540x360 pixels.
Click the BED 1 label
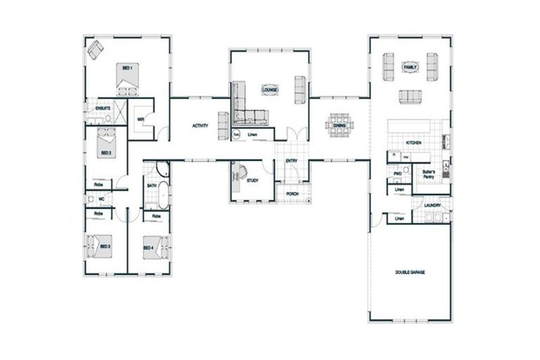(x=128, y=67)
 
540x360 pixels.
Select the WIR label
(x=141, y=119)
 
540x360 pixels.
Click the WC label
(x=91, y=199)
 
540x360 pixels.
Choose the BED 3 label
(x=105, y=247)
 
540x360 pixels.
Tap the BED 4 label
(x=148, y=247)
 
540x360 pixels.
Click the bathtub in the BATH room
(x=162, y=193)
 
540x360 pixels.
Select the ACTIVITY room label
(x=200, y=126)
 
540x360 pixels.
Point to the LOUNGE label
(x=269, y=90)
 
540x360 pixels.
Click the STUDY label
(x=252, y=181)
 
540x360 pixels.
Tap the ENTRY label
(x=291, y=162)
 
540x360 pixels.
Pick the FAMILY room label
(x=410, y=67)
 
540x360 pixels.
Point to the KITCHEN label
(x=413, y=143)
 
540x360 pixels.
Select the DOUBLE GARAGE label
(x=410, y=271)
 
